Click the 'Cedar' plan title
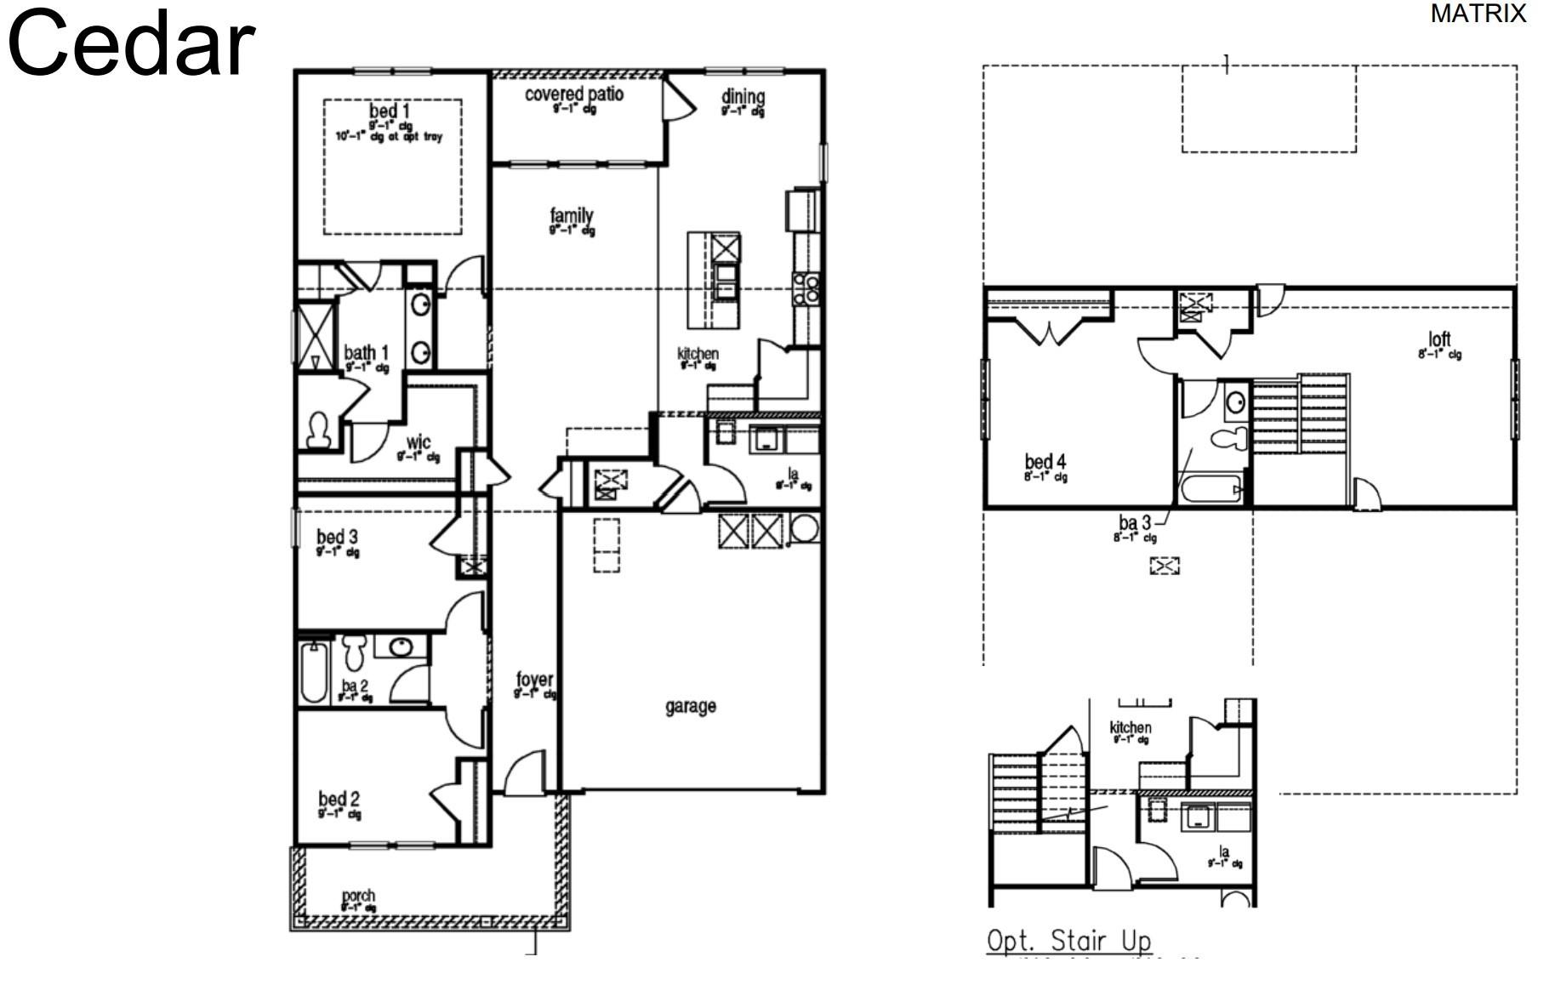click(x=131, y=44)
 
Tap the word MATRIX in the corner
click(x=1478, y=14)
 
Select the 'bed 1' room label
click(x=389, y=111)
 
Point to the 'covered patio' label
click(x=573, y=94)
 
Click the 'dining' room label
click(x=743, y=97)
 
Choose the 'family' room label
click(x=571, y=216)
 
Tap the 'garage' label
click(x=690, y=705)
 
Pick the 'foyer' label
click(x=534, y=680)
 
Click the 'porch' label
click(x=358, y=896)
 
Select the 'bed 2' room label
click(x=339, y=799)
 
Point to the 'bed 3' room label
click(x=337, y=537)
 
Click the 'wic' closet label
click(x=418, y=442)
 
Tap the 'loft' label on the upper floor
click(x=1439, y=339)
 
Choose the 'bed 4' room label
click(x=1045, y=462)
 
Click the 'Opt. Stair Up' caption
click(x=1068, y=940)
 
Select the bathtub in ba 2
click(x=313, y=672)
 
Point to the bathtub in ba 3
click(x=1209, y=491)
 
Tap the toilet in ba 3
click(x=1228, y=439)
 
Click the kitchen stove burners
click(x=806, y=289)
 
